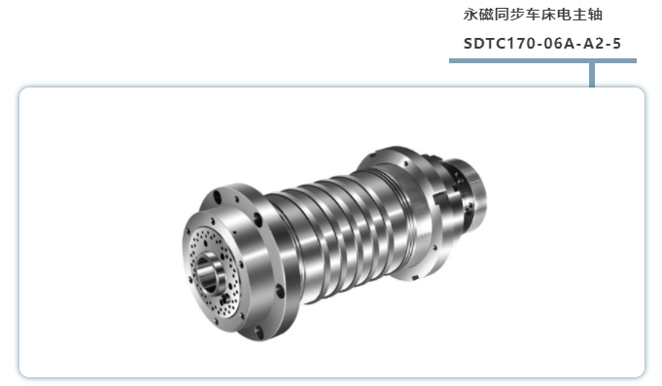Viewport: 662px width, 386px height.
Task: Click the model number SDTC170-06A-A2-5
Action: click(542, 44)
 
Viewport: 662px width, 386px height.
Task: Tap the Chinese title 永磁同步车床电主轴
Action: click(533, 15)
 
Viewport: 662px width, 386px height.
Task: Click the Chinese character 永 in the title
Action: click(470, 15)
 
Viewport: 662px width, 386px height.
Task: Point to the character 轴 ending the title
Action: click(595, 15)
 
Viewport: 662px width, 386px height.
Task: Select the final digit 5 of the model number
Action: click(617, 44)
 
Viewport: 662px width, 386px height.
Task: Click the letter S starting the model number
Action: click(469, 44)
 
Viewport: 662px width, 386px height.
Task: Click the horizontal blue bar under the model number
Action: click(542, 61)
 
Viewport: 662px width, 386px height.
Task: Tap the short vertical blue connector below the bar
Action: click(592, 75)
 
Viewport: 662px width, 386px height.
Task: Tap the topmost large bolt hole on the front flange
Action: click(218, 197)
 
